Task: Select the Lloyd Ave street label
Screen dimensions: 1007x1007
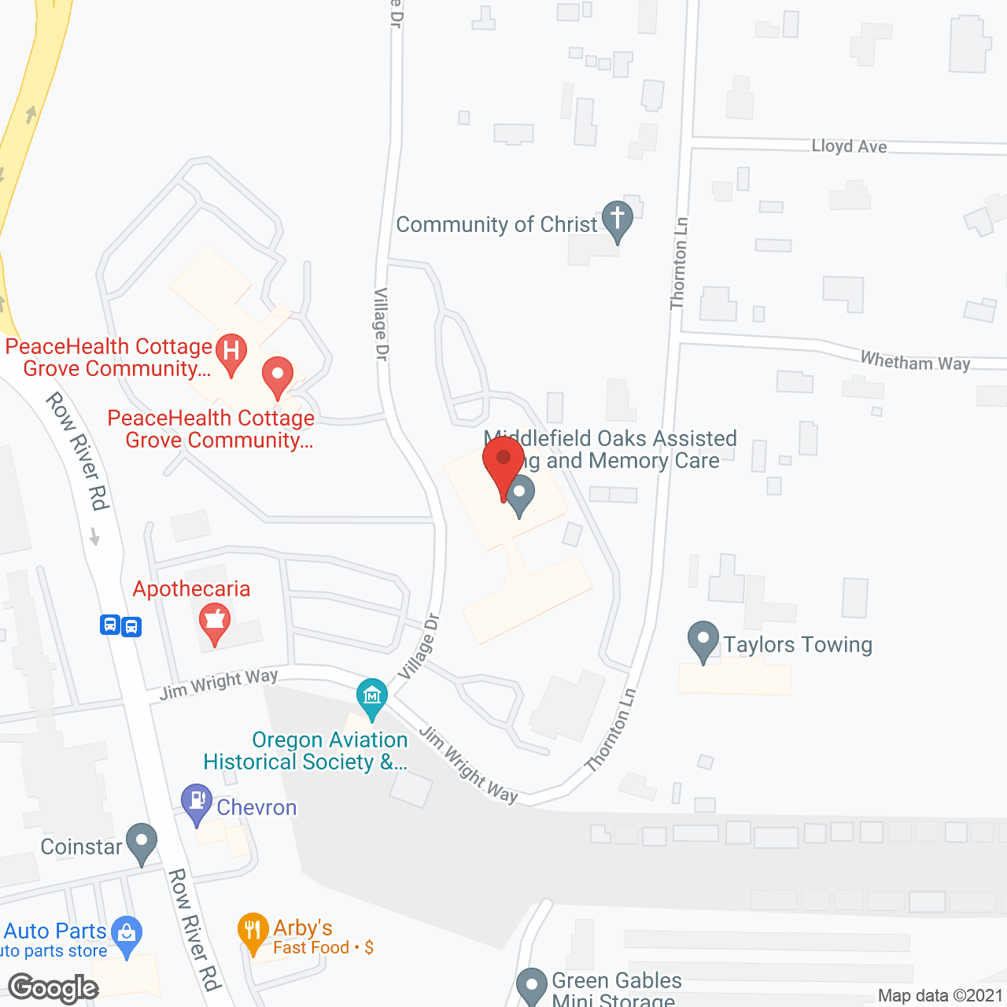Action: pos(849,146)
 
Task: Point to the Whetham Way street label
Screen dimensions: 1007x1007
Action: pos(915,362)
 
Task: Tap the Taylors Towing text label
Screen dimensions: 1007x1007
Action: pos(798,645)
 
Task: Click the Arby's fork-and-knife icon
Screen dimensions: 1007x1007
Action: pos(253,931)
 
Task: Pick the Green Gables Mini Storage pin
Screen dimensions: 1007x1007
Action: pos(532,986)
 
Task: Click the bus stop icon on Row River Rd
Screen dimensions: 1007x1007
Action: pos(120,625)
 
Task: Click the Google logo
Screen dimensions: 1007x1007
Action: pos(53,987)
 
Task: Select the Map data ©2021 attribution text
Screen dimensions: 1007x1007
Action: pos(940,996)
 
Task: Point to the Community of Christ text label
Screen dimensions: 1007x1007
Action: pos(496,225)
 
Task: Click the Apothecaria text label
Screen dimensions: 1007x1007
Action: pos(191,589)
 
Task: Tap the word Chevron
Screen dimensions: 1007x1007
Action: pos(256,808)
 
